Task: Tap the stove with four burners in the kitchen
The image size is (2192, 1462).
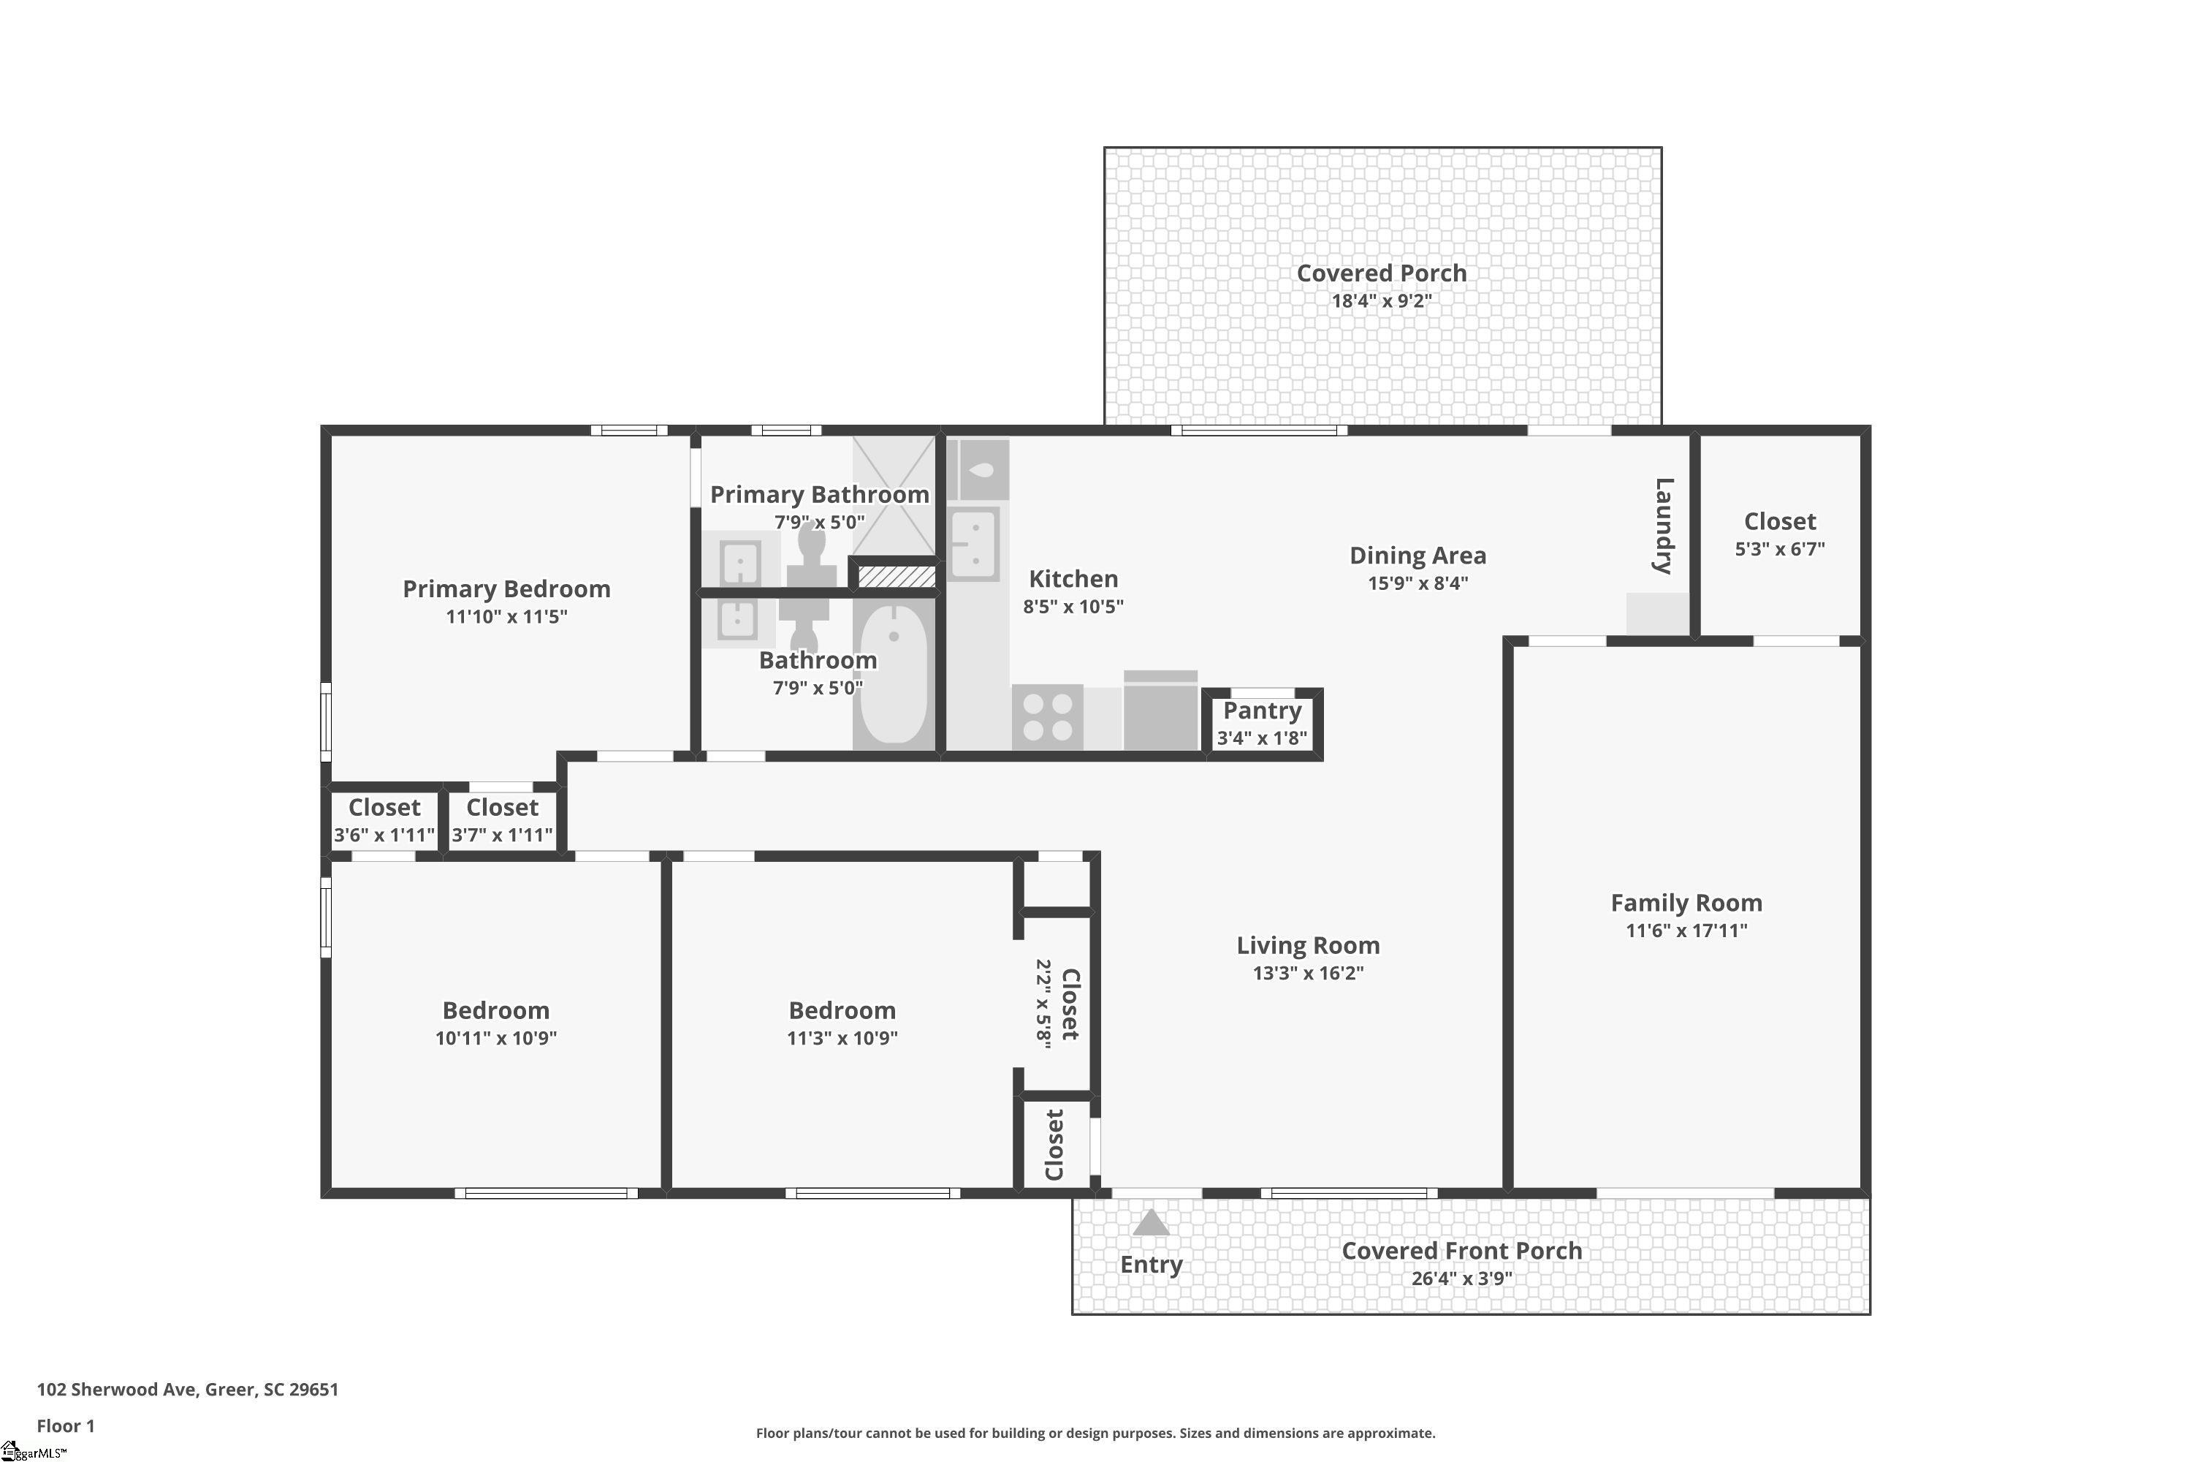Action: pyautogui.click(x=1048, y=717)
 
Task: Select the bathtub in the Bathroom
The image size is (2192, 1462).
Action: pyautogui.click(x=894, y=673)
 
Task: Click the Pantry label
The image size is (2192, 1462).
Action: pyautogui.click(x=1262, y=711)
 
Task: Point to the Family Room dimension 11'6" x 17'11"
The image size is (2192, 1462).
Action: pyautogui.click(x=1687, y=930)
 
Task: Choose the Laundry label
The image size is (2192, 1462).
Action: pyautogui.click(x=1664, y=526)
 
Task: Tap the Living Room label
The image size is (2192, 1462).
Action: pyautogui.click(x=1308, y=944)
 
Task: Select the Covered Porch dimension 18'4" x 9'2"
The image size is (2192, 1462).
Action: pyautogui.click(x=1381, y=300)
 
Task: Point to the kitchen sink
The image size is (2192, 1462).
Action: pyautogui.click(x=974, y=544)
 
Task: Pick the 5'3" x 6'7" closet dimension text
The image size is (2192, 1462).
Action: pyautogui.click(x=1779, y=548)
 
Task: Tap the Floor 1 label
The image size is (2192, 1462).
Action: pyautogui.click(x=65, y=1425)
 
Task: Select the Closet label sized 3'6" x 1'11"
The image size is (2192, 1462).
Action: pyautogui.click(x=384, y=808)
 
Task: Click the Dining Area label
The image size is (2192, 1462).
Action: pyautogui.click(x=1417, y=556)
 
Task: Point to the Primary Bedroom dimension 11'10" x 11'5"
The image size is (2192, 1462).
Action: pyautogui.click(x=506, y=616)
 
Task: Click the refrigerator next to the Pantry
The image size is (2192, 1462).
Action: pyautogui.click(x=1160, y=710)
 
